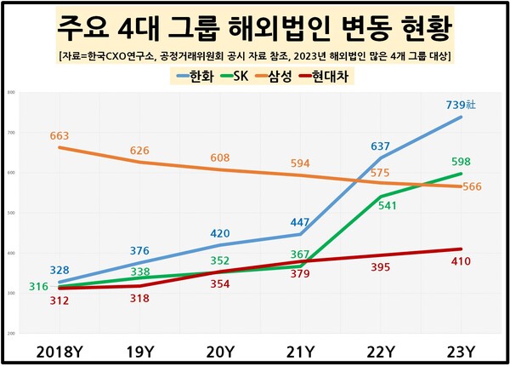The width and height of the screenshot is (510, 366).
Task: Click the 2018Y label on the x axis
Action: [x=59, y=351]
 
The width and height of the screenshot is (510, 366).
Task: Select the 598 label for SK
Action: [x=460, y=162]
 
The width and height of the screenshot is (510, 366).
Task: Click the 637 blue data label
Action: [x=380, y=146]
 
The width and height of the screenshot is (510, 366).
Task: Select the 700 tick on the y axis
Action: [x=11, y=133]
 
